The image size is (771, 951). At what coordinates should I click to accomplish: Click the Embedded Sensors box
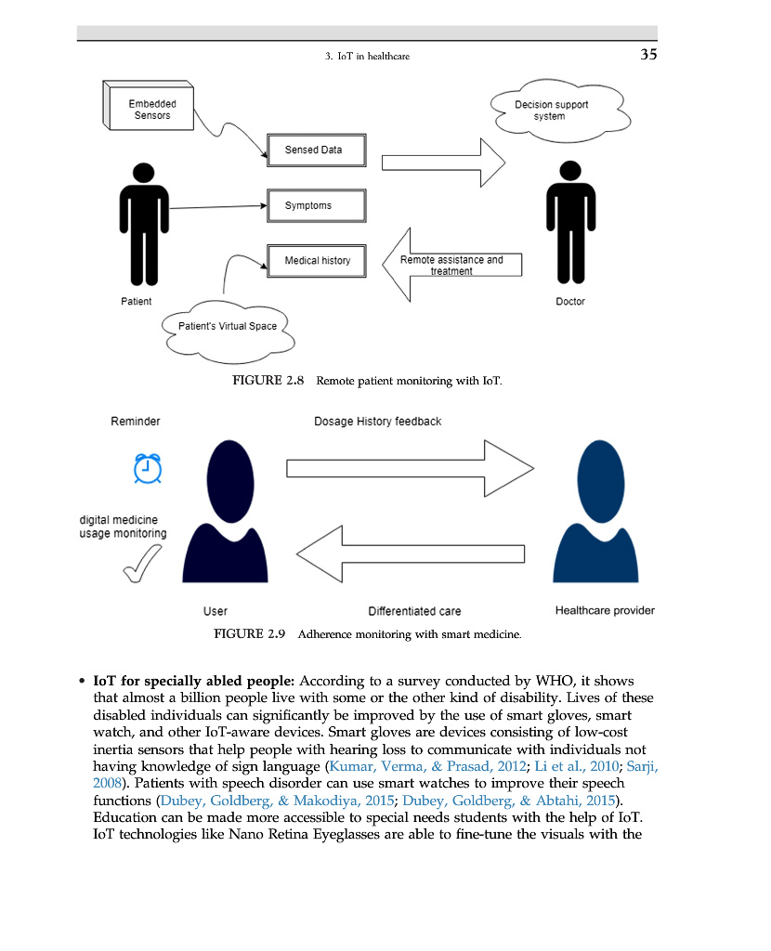coord(150,109)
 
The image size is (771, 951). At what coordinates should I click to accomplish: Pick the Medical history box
coord(317,261)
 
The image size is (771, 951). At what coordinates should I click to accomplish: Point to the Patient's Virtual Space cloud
coord(228,326)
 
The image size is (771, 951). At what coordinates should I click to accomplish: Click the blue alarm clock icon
coord(147,469)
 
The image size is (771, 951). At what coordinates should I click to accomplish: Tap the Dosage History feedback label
coord(377,422)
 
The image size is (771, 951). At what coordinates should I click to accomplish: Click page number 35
coord(648,55)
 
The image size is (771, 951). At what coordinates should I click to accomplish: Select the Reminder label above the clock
coord(136,422)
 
